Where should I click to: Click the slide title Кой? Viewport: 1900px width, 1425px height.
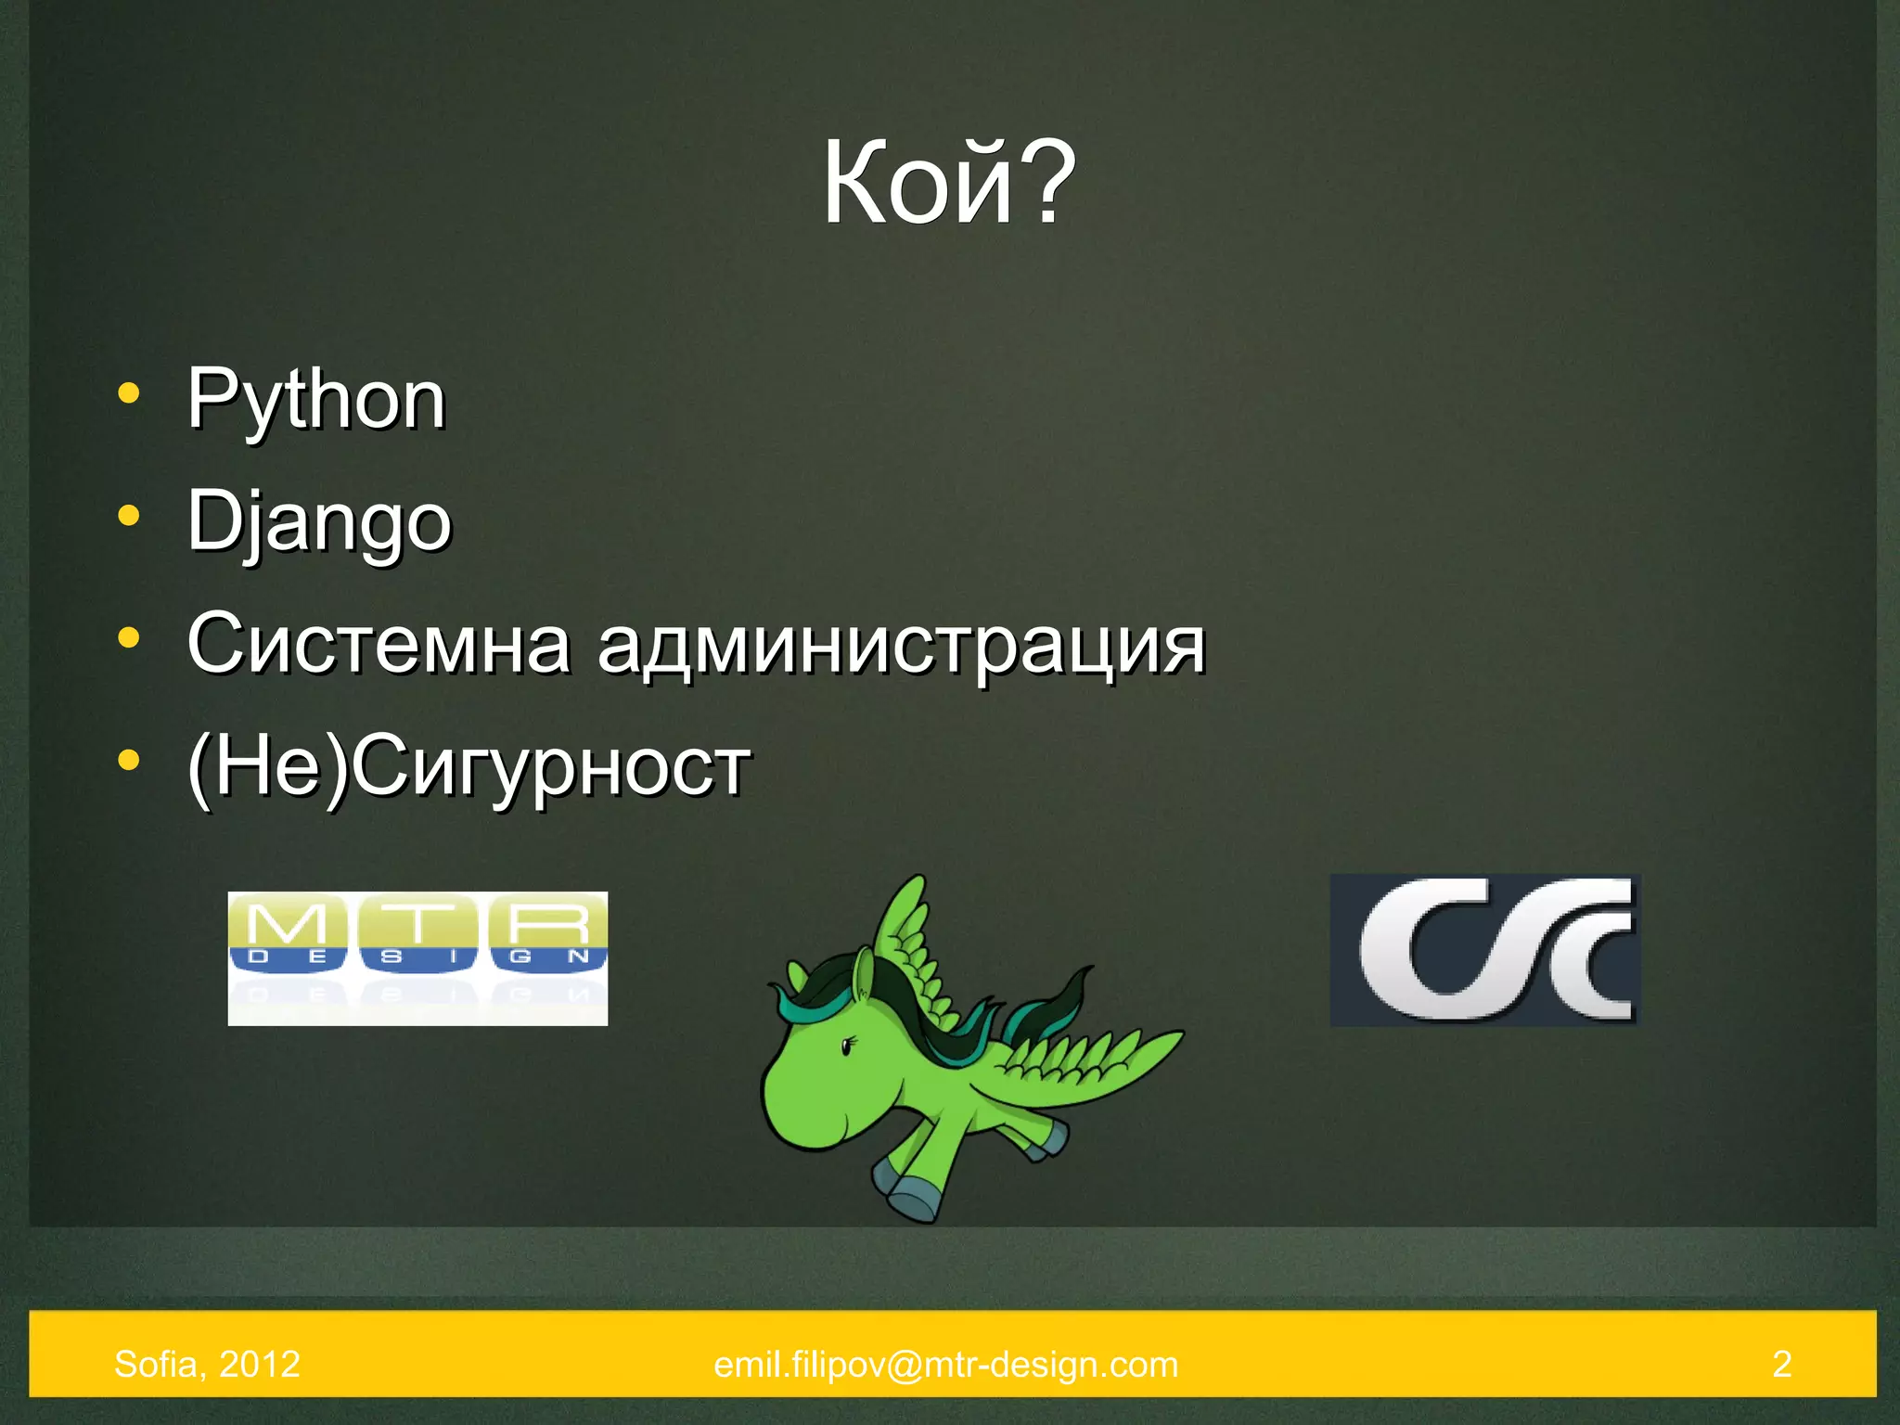(x=949, y=183)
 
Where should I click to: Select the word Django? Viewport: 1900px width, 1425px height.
(x=319, y=522)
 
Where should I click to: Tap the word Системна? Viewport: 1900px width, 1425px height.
(x=379, y=644)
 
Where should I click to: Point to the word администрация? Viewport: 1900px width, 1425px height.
(x=901, y=646)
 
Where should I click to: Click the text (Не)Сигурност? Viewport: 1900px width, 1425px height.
(x=469, y=766)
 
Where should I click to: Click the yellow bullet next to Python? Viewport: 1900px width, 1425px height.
(x=129, y=393)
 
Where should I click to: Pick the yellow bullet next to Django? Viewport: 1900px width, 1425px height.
(x=129, y=515)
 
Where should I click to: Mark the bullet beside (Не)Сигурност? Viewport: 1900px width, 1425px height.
(x=129, y=760)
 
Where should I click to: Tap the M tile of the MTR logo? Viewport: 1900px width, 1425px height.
(x=288, y=932)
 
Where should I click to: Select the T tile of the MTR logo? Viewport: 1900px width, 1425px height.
(x=417, y=932)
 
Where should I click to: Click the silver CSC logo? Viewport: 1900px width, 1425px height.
(x=1484, y=950)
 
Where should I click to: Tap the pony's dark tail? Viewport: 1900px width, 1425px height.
(x=1053, y=1007)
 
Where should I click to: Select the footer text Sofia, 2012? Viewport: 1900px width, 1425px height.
(x=207, y=1365)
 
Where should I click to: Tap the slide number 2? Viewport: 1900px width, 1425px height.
(x=1781, y=1365)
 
